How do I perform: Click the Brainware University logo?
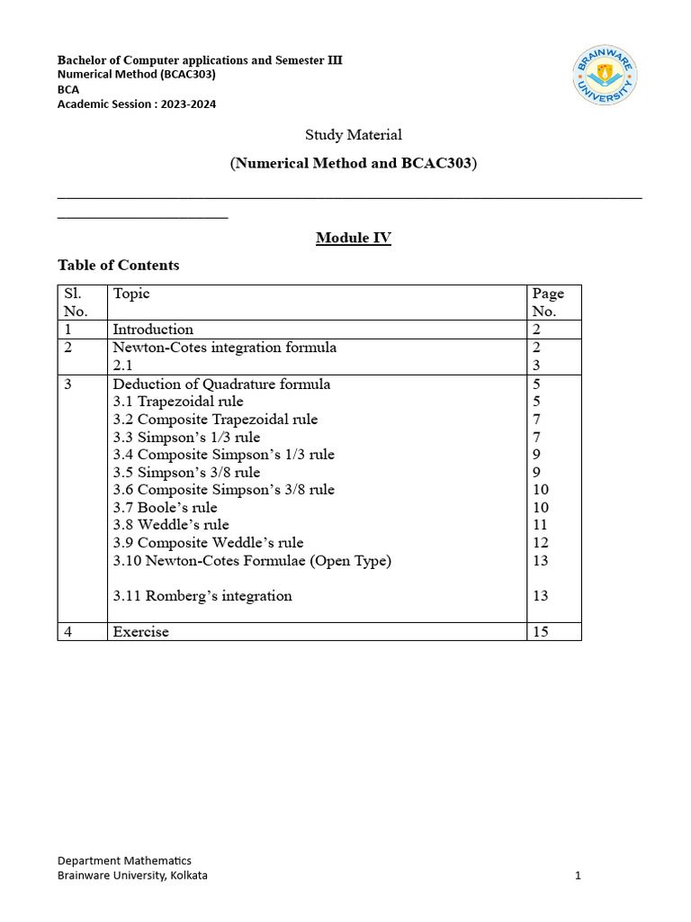tap(606, 76)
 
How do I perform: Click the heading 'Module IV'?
tap(353, 238)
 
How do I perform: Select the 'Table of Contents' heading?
tap(118, 265)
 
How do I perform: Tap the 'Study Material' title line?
tap(353, 135)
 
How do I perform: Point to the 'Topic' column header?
tap(131, 294)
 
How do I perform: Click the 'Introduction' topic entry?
tap(153, 330)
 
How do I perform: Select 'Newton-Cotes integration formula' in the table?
tap(224, 348)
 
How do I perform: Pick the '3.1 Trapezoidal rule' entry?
tap(178, 402)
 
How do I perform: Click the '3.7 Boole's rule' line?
tap(165, 508)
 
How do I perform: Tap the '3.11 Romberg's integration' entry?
tap(202, 596)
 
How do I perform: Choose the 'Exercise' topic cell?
tap(140, 632)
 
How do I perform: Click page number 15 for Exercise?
tap(541, 632)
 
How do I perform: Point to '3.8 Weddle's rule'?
tap(171, 525)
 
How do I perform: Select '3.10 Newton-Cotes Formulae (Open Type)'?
tap(252, 561)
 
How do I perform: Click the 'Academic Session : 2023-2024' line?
tap(137, 104)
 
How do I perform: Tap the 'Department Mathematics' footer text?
tap(124, 861)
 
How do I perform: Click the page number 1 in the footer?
tap(579, 875)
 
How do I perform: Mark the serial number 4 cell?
tap(68, 632)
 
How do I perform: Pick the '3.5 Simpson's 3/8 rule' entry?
tap(186, 473)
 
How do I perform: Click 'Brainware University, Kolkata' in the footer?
tap(132, 875)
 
